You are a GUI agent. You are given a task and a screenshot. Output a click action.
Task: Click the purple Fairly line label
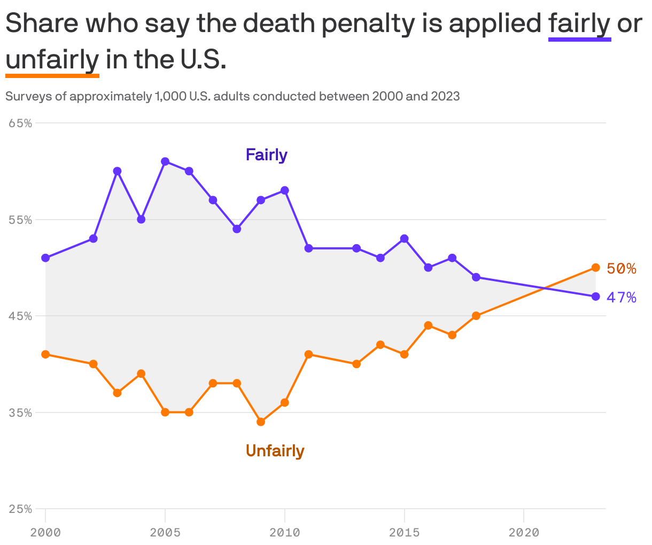pos(266,155)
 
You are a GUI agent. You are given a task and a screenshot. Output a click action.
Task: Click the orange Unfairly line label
pos(275,451)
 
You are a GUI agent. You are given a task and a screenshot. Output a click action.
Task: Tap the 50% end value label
pos(622,269)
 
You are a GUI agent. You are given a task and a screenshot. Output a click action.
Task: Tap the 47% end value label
pos(622,298)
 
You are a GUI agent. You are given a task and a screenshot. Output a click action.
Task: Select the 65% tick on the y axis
pos(20,123)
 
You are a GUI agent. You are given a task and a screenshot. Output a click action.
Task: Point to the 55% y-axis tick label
pos(20,220)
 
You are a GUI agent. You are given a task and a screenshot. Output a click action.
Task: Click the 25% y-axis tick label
pos(20,509)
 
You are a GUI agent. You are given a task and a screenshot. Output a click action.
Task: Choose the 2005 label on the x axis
pos(165,532)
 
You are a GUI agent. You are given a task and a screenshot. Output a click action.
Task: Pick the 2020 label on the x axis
pos(524,532)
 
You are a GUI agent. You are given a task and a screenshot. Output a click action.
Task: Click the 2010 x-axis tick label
pos(285,532)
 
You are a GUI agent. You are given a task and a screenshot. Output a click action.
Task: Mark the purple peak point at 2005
pos(165,161)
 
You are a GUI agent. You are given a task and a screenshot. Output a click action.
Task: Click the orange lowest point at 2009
pos(261,422)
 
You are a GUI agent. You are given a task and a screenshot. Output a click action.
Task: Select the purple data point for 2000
pos(45,258)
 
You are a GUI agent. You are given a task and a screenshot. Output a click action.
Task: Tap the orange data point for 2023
pos(595,267)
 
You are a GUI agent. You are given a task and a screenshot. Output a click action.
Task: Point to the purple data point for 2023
pos(595,297)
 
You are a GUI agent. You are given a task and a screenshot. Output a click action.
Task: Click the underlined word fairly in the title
pos(579,24)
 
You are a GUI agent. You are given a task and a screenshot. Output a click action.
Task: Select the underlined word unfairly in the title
pos(52,59)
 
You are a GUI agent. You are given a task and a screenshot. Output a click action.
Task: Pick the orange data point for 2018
pos(476,316)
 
